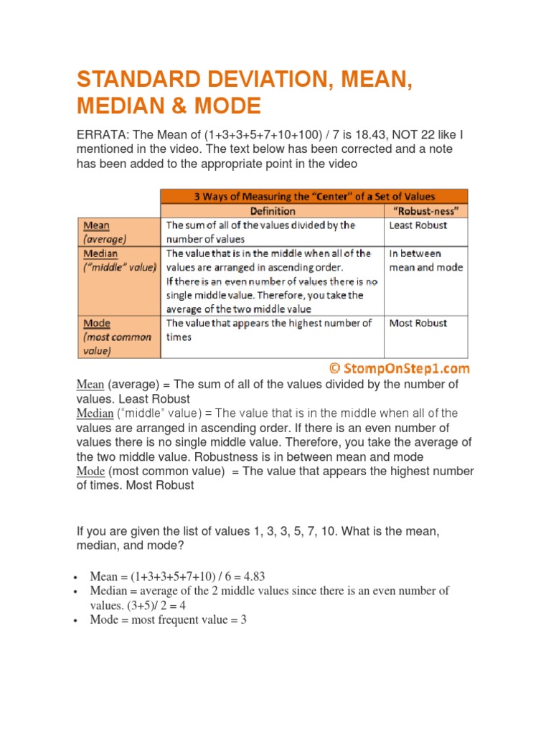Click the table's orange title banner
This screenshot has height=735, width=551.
pyautogui.click(x=314, y=196)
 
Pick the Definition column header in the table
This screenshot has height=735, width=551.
pyautogui.click(x=272, y=211)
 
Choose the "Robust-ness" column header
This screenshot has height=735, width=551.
pyautogui.click(x=426, y=211)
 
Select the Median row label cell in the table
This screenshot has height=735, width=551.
pyautogui.click(x=119, y=260)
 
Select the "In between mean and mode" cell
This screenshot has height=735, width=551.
pyautogui.click(x=425, y=260)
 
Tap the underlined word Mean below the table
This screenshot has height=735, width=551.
pyautogui.click(x=90, y=385)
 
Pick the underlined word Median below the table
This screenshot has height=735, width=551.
pyautogui.click(x=95, y=413)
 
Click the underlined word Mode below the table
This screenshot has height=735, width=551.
pyautogui.click(x=90, y=471)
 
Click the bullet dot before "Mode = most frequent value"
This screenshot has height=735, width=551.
pyautogui.click(x=75, y=620)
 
